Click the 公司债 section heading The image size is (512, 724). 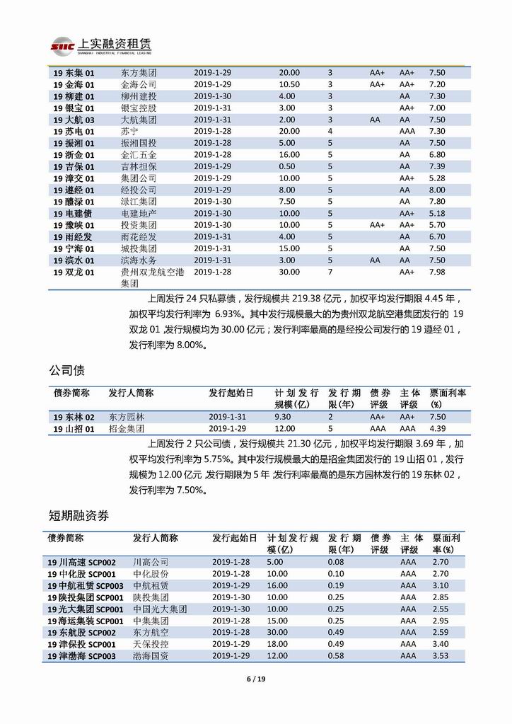pyautogui.click(x=69, y=370)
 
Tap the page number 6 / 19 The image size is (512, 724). pyautogui.click(x=256, y=679)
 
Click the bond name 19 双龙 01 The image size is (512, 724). pyautogui.click(x=74, y=272)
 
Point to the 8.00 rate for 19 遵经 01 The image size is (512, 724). pyautogui.click(x=437, y=190)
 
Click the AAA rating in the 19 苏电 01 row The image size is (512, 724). pyautogui.click(x=407, y=131)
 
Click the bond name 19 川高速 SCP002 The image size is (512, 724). pyautogui.click(x=81, y=562)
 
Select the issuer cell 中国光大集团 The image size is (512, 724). pyautogui.click(x=160, y=609)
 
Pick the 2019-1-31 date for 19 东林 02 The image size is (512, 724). pyautogui.click(x=226, y=417)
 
